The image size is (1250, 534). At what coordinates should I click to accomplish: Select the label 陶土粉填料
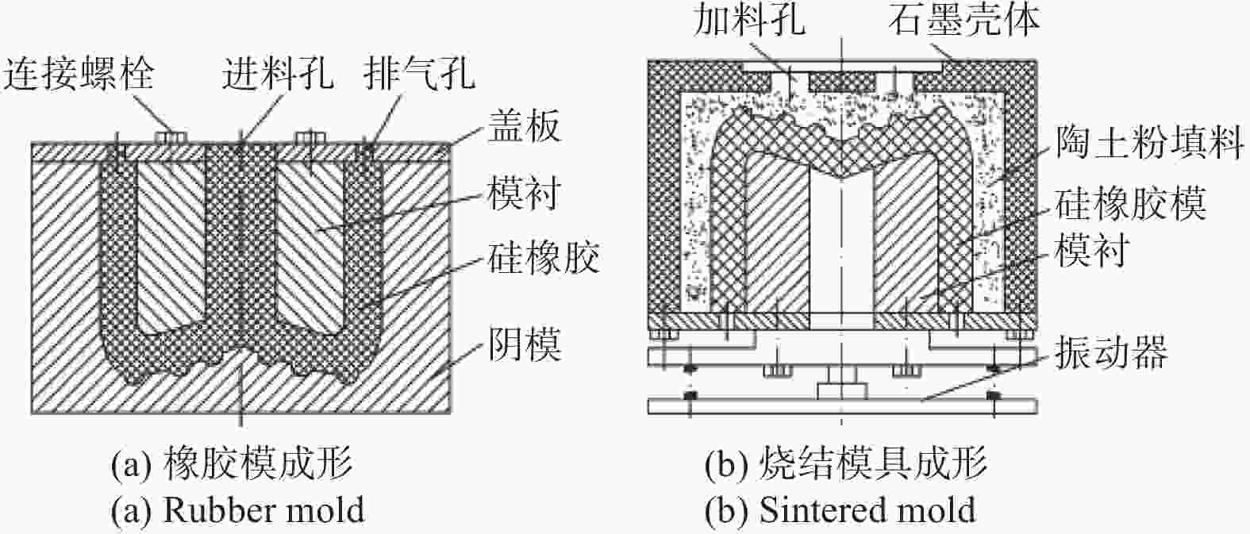point(1149,142)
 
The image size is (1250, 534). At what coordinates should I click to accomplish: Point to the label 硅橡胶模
point(1131,204)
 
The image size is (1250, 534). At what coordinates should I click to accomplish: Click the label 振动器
point(1111,352)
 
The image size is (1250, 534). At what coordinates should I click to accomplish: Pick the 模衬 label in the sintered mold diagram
point(1092,250)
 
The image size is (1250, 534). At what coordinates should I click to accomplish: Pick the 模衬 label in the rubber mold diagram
point(525,193)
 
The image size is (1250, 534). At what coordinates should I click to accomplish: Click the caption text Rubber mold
point(263,509)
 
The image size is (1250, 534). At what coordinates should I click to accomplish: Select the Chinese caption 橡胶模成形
point(258,464)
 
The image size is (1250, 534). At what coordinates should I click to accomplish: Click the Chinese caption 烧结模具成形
point(873,464)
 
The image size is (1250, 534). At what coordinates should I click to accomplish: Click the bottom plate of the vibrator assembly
point(842,406)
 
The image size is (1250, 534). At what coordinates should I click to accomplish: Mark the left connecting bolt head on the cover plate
point(172,137)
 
